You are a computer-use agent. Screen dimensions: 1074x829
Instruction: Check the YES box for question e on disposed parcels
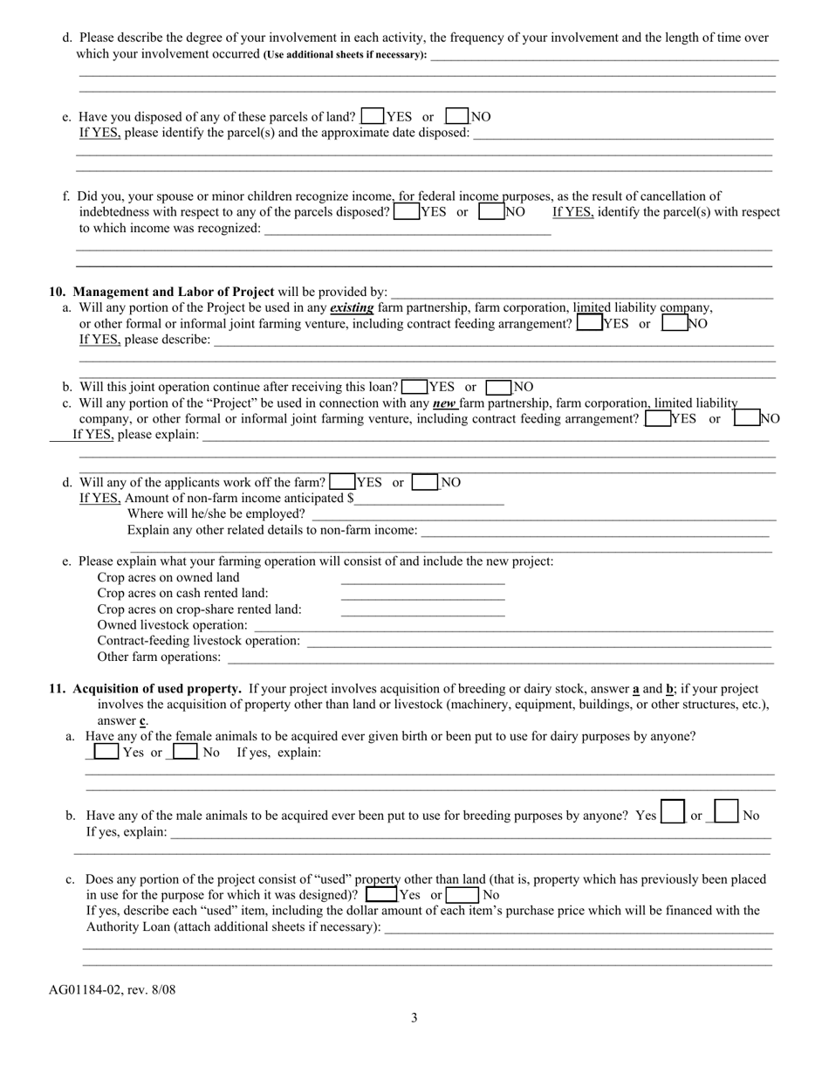coord(373,115)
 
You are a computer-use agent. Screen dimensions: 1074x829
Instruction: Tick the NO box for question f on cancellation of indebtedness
coord(491,211)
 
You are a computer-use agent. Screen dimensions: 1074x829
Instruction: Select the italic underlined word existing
coord(352,307)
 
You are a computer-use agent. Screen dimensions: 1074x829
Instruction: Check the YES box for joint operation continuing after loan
coord(415,387)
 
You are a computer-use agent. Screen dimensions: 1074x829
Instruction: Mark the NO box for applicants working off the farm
coord(425,482)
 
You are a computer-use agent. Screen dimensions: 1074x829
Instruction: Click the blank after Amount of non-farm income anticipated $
coord(429,499)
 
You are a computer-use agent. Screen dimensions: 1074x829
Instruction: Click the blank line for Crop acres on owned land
coord(422,578)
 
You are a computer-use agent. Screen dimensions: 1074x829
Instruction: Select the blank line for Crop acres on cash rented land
coord(422,594)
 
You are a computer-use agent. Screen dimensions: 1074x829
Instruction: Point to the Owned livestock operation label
coord(172,625)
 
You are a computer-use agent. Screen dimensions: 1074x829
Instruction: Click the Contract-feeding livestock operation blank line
coord(538,641)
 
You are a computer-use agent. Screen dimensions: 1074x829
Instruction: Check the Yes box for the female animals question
coord(106,752)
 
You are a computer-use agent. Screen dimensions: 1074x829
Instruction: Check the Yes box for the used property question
coord(380,895)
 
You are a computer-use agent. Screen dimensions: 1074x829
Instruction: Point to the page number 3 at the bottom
coord(414,1017)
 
